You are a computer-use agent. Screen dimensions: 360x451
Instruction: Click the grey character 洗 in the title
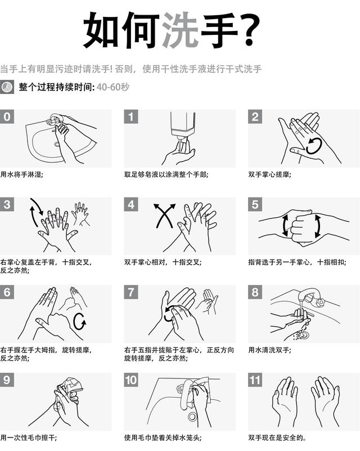pyautogui.click(x=180, y=30)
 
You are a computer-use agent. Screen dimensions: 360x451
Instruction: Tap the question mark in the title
pyautogui.click(x=249, y=30)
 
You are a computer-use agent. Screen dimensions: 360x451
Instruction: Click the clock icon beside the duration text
pyautogui.click(x=7, y=87)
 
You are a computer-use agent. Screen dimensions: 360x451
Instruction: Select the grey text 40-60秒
pyautogui.click(x=113, y=87)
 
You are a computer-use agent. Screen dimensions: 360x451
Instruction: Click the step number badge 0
pyautogui.click(x=7, y=117)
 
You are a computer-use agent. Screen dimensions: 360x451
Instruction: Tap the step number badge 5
pyautogui.click(x=255, y=204)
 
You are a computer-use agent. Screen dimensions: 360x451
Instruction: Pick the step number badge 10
pyautogui.click(x=131, y=380)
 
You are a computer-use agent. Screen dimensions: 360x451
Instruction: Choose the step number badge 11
pyautogui.click(x=255, y=380)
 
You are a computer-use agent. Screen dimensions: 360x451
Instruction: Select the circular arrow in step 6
pyautogui.click(x=80, y=321)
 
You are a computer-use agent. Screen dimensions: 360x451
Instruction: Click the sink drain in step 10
pyautogui.click(x=192, y=416)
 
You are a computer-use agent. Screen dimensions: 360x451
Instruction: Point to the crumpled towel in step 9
pyautogui.click(x=71, y=387)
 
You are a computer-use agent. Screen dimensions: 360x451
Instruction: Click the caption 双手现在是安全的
pyautogui.click(x=277, y=437)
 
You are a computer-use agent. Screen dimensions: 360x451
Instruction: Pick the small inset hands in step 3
pyautogui.click(x=81, y=213)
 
